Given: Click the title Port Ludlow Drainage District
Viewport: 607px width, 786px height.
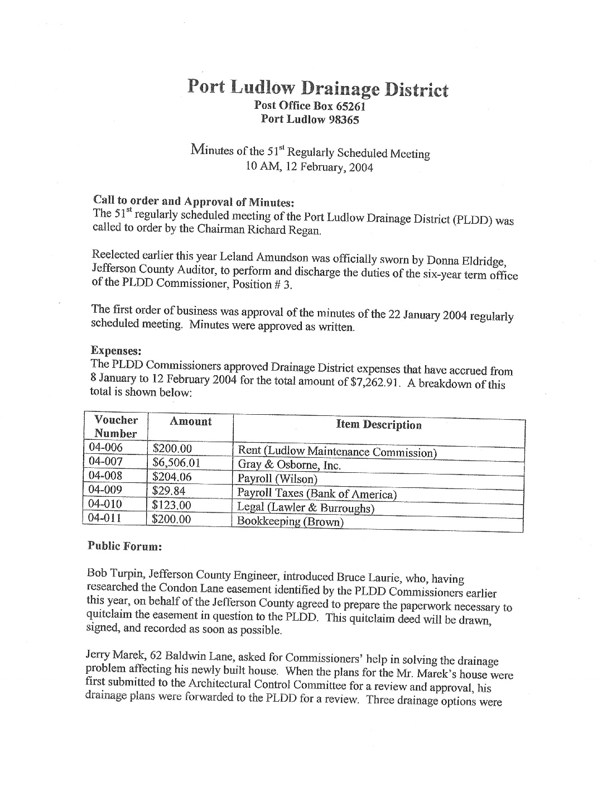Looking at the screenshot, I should pyautogui.click(x=317, y=88).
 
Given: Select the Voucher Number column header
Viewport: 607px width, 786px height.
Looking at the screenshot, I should pyautogui.click(x=115, y=426).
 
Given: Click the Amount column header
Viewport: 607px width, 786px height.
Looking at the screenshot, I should pyautogui.click(x=190, y=421).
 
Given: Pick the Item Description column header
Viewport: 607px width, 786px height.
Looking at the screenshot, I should pyautogui.click(x=379, y=425).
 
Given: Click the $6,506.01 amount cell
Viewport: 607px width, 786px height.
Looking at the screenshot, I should pyautogui.click(x=176, y=462).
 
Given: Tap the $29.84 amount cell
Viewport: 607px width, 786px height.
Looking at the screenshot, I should pyautogui.click(x=168, y=491).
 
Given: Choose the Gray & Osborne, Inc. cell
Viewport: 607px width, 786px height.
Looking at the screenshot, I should pyautogui.click(x=289, y=465).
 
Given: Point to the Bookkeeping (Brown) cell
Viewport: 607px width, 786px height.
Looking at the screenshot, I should pyautogui.click(x=290, y=522).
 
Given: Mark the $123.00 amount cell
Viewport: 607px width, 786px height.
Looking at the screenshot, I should pyautogui.click(x=172, y=505).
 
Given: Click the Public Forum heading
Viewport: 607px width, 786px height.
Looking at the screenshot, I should pyautogui.click(x=124, y=547).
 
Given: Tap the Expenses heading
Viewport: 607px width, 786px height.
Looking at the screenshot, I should pyautogui.click(x=115, y=351).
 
